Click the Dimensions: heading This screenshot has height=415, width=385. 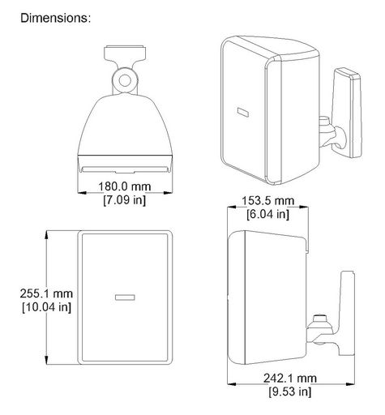point(56,18)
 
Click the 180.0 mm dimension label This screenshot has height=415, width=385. point(124,186)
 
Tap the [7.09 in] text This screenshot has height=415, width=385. point(124,200)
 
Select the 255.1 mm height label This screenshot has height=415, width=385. point(46,293)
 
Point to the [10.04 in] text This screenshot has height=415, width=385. point(46,307)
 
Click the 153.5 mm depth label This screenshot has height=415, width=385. point(267,201)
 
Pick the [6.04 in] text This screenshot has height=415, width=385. point(267,214)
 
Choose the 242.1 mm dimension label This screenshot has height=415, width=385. point(290,378)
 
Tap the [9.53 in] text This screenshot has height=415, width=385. point(290,391)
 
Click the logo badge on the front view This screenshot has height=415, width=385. point(125,297)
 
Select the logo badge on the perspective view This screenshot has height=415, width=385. point(243,112)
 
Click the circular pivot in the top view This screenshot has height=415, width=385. point(125,80)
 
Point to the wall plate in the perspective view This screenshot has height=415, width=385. point(348,113)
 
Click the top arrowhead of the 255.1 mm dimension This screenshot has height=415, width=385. point(47,234)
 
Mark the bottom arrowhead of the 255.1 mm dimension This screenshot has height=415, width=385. point(47,361)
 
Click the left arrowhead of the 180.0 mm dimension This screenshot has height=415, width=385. point(82,193)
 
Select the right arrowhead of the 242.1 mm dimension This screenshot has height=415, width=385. point(350,383)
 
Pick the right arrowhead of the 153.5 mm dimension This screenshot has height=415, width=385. point(304,207)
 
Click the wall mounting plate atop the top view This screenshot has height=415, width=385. point(125,53)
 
